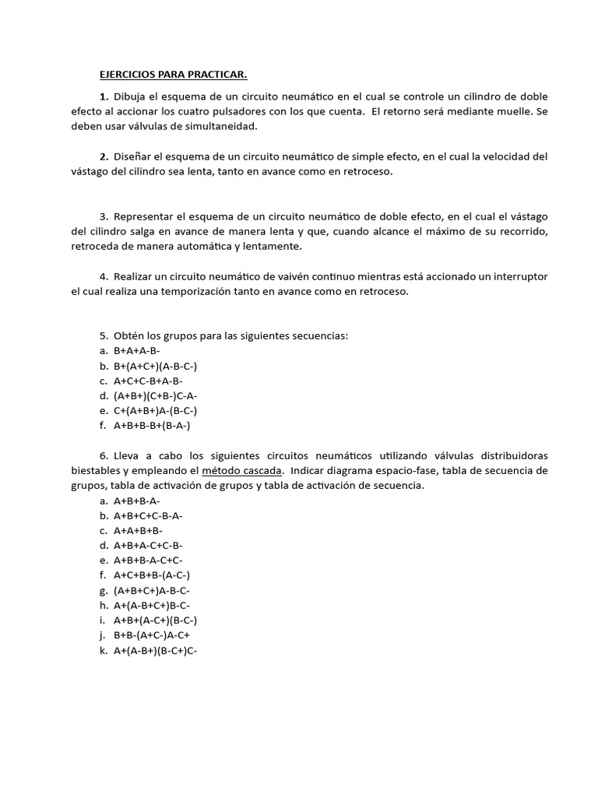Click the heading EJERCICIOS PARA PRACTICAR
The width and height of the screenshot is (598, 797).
click(x=173, y=75)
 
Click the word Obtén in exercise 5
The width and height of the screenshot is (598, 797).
click(x=129, y=335)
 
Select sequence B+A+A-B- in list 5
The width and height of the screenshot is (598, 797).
click(x=137, y=351)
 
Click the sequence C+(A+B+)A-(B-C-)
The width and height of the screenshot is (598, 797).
click(x=155, y=410)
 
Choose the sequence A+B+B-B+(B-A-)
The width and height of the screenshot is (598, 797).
click(x=152, y=426)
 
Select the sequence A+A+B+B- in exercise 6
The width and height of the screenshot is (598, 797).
click(x=138, y=530)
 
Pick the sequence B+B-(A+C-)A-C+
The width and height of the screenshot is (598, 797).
click(x=152, y=635)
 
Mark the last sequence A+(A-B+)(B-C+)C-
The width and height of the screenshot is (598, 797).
click(x=156, y=650)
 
